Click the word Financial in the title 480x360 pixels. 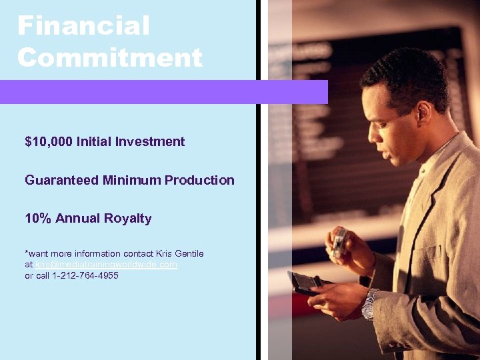(83, 27)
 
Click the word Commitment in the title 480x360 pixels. (110, 57)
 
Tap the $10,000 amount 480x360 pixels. (49, 141)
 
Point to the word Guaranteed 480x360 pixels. (62, 180)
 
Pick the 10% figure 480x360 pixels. (38, 219)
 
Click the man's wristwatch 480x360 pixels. (369, 304)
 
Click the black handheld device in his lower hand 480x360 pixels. (303, 283)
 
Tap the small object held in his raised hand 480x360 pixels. (339, 241)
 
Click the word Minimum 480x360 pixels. (132, 180)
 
